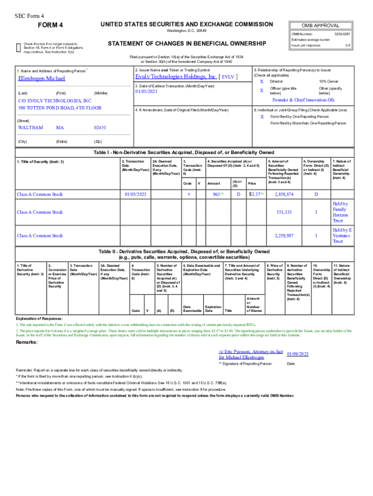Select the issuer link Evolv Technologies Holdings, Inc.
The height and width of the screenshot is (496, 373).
(176, 77)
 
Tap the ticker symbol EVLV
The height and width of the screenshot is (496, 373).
(228, 77)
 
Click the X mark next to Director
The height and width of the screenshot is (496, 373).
(262, 82)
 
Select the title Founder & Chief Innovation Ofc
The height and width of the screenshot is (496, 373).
(303, 100)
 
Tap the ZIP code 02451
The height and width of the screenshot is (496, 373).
(100, 128)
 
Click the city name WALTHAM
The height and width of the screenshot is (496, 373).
(31, 128)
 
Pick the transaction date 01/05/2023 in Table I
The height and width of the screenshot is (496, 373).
(135, 194)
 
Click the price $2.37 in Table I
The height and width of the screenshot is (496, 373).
(256, 194)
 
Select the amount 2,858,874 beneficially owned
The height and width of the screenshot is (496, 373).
(284, 194)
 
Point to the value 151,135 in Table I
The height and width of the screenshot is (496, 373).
(284, 212)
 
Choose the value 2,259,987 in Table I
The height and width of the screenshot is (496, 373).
(284, 236)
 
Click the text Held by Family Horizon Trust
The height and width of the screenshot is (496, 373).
(340, 212)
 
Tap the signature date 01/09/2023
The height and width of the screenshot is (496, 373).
(298, 354)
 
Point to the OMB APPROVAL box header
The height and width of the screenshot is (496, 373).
(320, 26)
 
